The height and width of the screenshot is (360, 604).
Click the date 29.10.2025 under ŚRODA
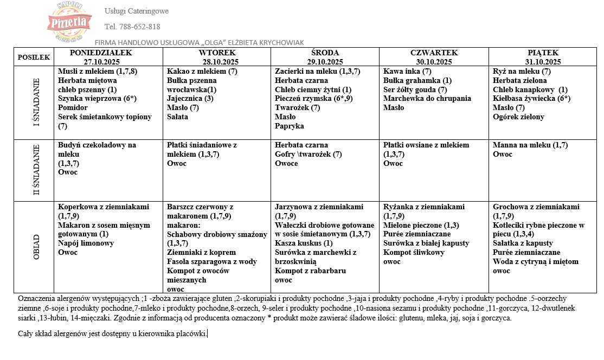326,62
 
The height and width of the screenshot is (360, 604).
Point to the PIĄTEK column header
542,53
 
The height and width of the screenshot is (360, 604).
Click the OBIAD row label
36,247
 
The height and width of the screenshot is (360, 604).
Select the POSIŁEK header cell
34,57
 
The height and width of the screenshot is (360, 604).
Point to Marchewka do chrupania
427,99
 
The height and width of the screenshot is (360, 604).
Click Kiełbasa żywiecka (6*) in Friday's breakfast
531,99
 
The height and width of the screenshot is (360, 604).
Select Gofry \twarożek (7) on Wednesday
308,155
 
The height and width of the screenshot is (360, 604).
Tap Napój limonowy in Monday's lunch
86,243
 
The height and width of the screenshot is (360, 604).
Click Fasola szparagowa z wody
212,262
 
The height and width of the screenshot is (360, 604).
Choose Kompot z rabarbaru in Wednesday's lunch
310,271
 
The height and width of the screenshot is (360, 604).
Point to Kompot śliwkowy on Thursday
414,253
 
